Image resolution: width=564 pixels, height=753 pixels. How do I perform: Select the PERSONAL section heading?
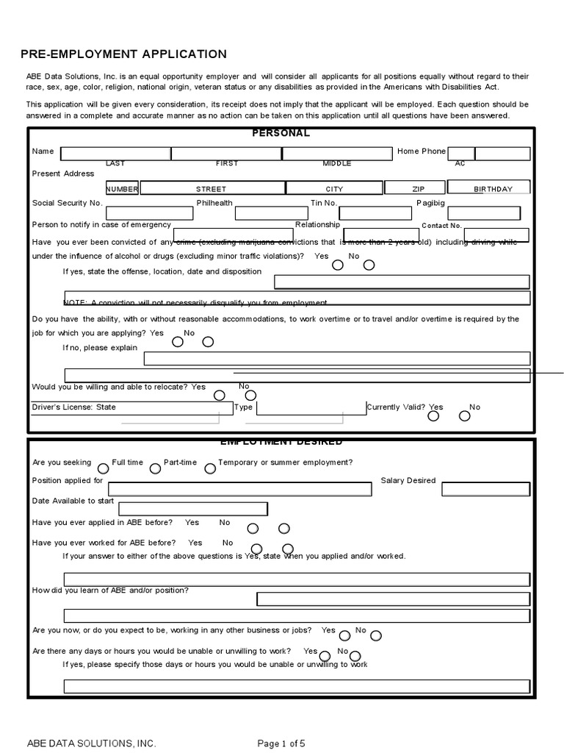281,133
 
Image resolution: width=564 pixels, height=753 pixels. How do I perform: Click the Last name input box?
115,154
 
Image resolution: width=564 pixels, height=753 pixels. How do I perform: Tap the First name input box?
226,154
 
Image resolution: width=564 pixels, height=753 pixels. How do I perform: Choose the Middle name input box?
337,154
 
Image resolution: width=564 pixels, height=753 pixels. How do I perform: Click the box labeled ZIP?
419,188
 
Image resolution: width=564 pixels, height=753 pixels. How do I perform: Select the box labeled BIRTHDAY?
493,188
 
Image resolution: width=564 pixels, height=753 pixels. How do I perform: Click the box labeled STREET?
211,188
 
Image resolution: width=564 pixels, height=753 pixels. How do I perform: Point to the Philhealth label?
214,203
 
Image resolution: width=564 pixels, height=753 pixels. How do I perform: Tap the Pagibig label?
430,203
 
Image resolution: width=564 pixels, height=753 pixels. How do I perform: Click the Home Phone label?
422,151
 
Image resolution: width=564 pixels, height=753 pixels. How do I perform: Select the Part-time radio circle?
155,468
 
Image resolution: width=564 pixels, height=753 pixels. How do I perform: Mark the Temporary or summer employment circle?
210,468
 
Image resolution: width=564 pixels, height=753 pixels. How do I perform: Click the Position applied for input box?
240,489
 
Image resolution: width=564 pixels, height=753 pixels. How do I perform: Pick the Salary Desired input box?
485,489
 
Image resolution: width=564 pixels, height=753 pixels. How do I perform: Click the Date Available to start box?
193,509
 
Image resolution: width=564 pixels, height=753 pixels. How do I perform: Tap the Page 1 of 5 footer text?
281,743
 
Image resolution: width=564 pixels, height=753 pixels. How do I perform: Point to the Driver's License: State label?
74,407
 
